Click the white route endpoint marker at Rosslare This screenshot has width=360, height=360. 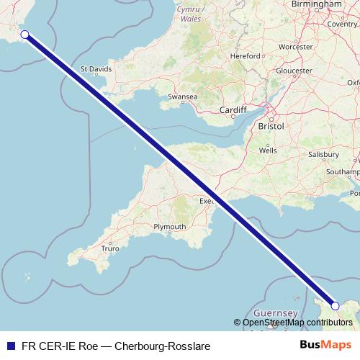tap(24, 35)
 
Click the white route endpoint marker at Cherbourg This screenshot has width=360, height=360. tap(335, 306)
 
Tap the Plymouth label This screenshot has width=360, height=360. tap(170, 227)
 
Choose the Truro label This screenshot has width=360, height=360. tap(110, 248)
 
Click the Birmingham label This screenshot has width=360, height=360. tap(317, 4)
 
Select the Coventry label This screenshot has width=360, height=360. tap(342, 24)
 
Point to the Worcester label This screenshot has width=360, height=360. tap(295, 46)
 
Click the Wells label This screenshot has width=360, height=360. tap(268, 151)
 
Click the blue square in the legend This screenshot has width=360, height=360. tap(9, 346)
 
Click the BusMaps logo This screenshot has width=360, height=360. tap(326, 345)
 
